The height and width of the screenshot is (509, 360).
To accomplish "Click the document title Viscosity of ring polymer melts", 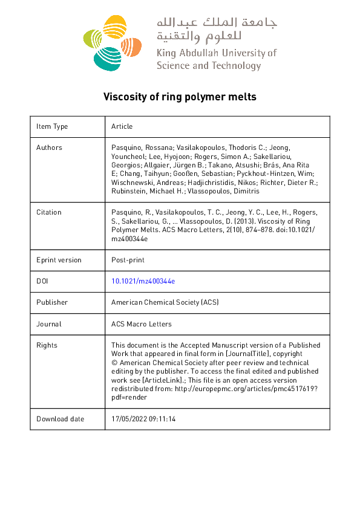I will pyautogui.click(x=180, y=96).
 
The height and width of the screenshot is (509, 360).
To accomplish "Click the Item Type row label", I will pyautogui.click(x=52, y=126).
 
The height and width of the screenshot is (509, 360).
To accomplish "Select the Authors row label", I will pyautogui.click(x=49, y=148).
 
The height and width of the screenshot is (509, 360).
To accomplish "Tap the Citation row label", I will pyautogui.click(x=49, y=212).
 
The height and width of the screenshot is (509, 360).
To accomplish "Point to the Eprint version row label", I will pyautogui.click(x=59, y=260).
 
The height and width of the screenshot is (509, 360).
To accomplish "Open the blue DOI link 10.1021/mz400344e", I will pyautogui.click(x=143, y=281).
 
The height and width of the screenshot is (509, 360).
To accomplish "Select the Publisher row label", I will pyautogui.click(x=52, y=302).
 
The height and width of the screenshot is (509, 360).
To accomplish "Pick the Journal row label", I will pyautogui.click(x=49, y=324).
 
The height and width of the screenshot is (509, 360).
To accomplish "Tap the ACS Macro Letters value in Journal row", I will pyautogui.click(x=142, y=324).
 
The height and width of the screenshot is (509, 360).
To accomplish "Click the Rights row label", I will pyautogui.click(x=47, y=345).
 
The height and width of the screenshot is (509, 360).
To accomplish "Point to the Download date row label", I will pyautogui.click(x=61, y=419).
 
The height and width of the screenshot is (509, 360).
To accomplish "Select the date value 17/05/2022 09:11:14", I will pyautogui.click(x=143, y=419).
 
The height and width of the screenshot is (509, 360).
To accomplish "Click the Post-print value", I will pyautogui.click(x=128, y=260).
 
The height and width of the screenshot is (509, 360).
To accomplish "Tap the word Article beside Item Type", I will pyautogui.click(x=122, y=126).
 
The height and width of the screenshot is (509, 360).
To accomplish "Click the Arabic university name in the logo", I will pyautogui.click(x=217, y=28).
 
